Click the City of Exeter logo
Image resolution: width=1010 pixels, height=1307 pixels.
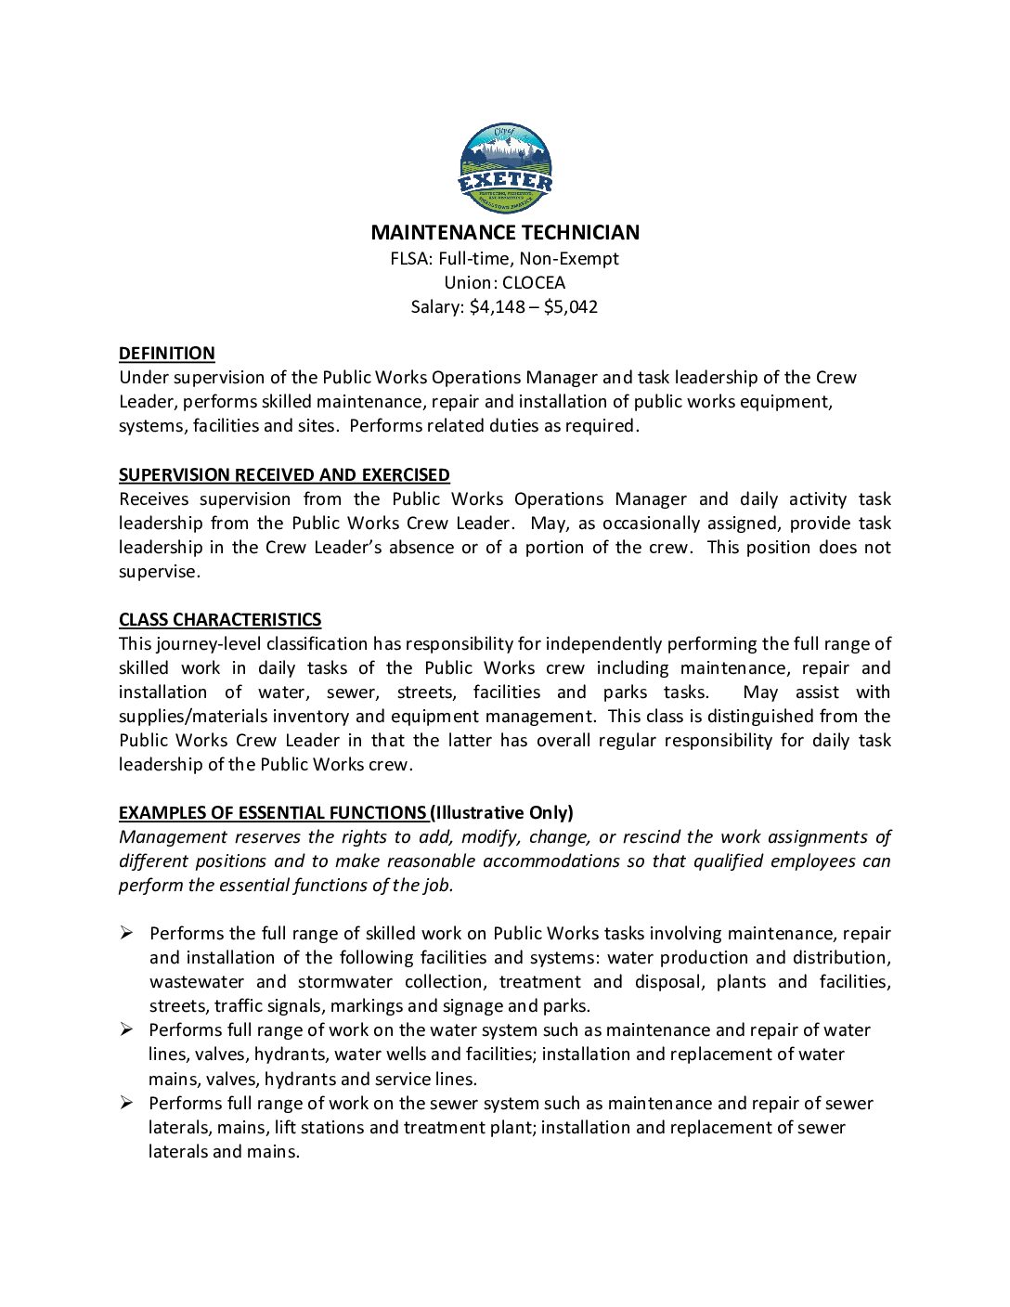(506, 169)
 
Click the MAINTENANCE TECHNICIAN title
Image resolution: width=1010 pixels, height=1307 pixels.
(505, 232)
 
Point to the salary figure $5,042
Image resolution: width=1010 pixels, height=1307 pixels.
(571, 307)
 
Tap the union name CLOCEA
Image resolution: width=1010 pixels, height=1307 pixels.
(534, 283)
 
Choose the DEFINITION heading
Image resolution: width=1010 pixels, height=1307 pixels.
(167, 354)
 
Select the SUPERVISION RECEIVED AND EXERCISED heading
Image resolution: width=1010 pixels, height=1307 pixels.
(284, 475)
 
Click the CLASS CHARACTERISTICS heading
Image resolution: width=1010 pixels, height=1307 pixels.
(220, 620)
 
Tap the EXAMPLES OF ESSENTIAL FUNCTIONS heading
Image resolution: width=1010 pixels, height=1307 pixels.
(272, 813)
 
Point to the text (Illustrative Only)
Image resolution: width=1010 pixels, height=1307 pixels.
(502, 813)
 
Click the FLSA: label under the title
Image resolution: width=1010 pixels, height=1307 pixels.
(411, 259)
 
